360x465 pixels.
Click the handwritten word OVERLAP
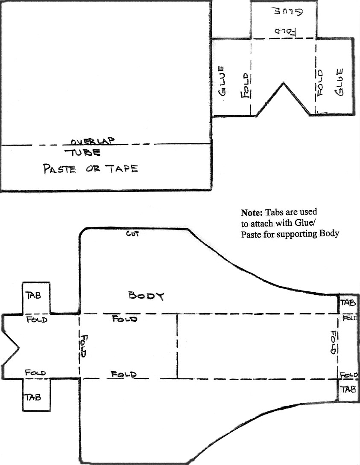click(x=93, y=141)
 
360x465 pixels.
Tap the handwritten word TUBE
click(x=83, y=153)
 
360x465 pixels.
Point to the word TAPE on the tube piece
click(x=123, y=169)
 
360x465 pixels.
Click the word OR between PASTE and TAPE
click(x=93, y=169)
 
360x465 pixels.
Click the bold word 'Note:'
click(x=252, y=212)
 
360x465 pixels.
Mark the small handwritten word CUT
click(x=132, y=234)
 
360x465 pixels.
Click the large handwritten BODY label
click(x=146, y=296)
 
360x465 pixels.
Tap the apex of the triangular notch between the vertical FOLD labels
click(x=284, y=83)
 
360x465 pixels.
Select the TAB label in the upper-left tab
click(x=34, y=295)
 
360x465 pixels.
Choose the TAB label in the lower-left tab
click(x=33, y=397)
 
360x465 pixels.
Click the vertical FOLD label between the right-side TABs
click(x=333, y=342)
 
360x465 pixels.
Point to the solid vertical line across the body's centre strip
click(x=177, y=346)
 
